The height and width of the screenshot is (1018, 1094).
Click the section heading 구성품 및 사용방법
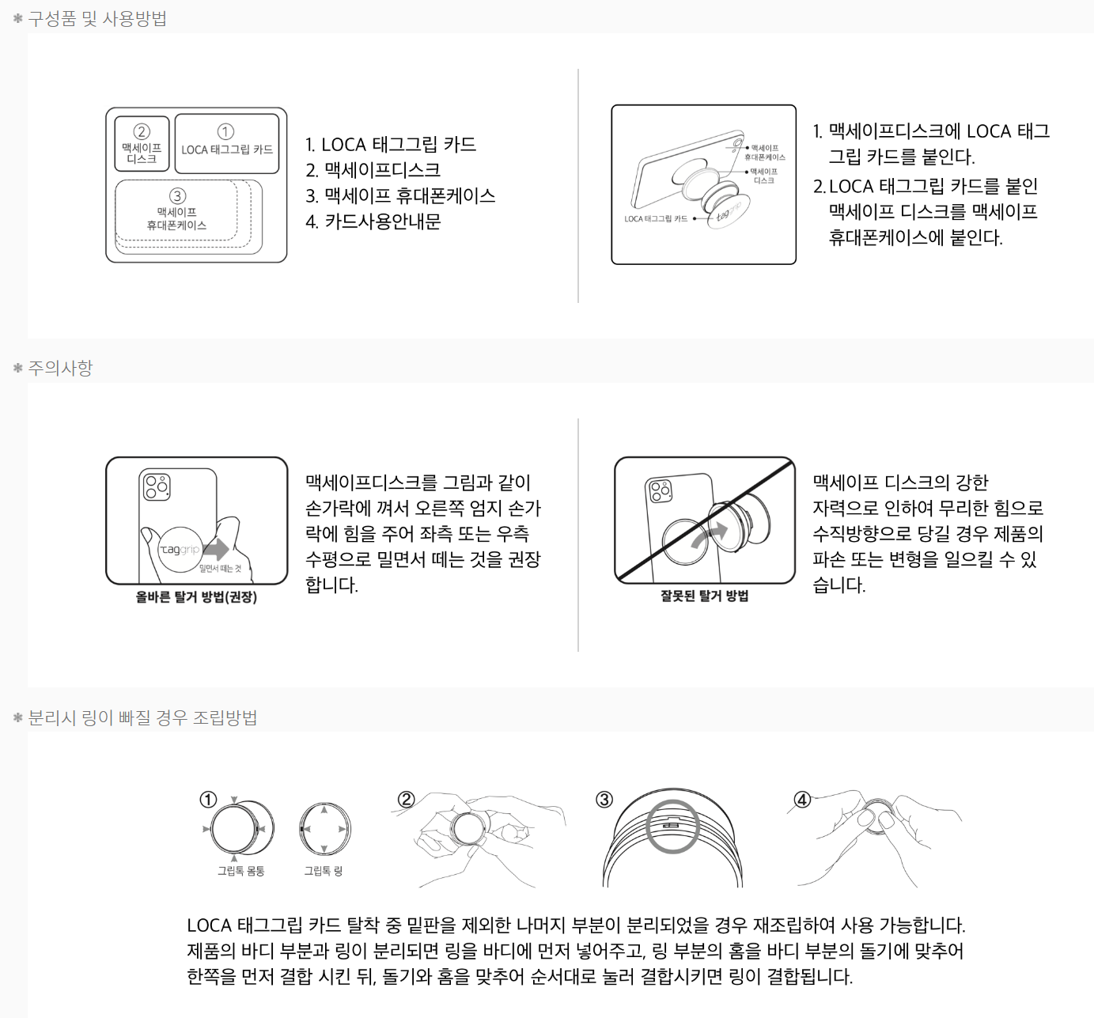pyautogui.click(x=97, y=19)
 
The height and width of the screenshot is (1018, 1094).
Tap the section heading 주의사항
pyautogui.click(x=60, y=368)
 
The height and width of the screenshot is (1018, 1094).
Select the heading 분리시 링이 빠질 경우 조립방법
pyautogui.click(x=142, y=717)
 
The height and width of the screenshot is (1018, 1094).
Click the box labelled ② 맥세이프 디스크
pyautogui.click(x=142, y=144)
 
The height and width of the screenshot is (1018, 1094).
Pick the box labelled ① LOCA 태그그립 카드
pyautogui.click(x=227, y=144)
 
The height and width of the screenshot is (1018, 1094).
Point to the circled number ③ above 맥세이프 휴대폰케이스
pyautogui.click(x=177, y=195)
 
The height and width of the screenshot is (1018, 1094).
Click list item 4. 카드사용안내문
pyautogui.click(x=373, y=221)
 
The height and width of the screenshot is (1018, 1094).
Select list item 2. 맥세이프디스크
pyautogui.click(x=373, y=170)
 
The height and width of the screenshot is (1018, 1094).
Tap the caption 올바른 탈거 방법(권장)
pyautogui.click(x=197, y=596)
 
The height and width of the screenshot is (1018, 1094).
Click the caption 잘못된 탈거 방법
pyautogui.click(x=705, y=596)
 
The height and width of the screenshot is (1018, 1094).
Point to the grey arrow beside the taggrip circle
pyautogui.click(x=216, y=549)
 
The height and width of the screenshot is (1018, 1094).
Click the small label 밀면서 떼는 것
pyautogui.click(x=221, y=568)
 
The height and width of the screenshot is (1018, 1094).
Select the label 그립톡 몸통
pyautogui.click(x=240, y=870)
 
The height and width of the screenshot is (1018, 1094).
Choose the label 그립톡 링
pyautogui.click(x=324, y=870)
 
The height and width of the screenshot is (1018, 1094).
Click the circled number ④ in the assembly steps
pyautogui.click(x=802, y=800)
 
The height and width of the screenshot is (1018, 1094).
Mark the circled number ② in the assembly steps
pyautogui.click(x=406, y=800)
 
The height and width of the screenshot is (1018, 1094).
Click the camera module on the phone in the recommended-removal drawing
pyautogui.click(x=157, y=486)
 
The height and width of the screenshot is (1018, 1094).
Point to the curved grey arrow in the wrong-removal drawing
pyautogui.click(x=710, y=535)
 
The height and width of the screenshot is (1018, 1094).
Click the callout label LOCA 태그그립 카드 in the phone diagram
pyautogui.click(x=656, y=218)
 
